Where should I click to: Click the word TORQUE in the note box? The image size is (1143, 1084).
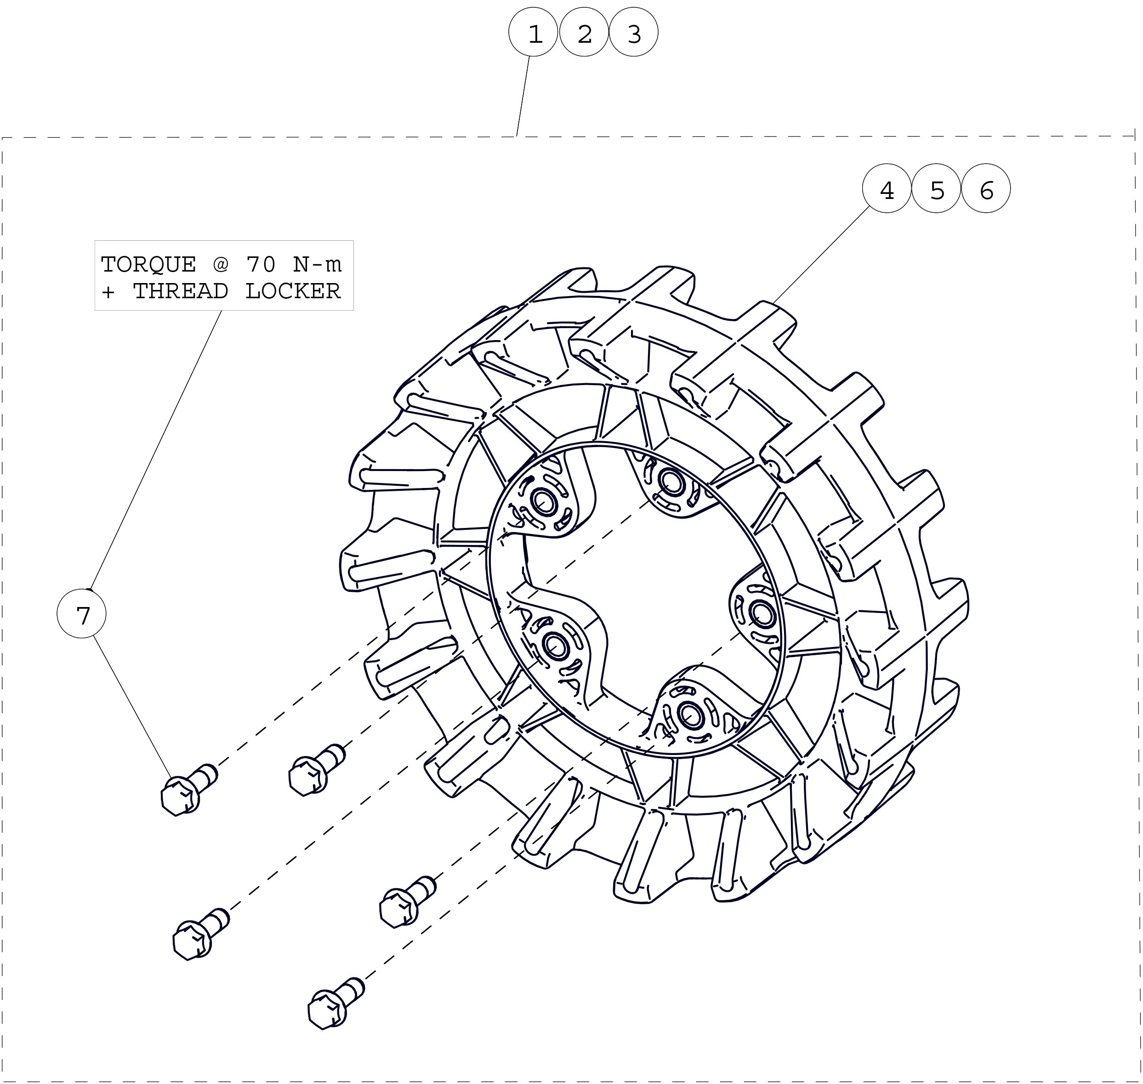[x=148, y=264]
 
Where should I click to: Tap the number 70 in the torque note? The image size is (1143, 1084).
[x=261, y=264]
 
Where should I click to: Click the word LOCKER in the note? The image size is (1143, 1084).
[x=293, y=291]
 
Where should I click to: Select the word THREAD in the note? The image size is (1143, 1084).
[x=180, y=291]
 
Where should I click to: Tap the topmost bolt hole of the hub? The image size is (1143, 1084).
[x=670, y=480]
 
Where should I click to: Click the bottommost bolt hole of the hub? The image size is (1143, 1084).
[x=689, y=715]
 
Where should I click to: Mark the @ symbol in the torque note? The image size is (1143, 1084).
[x=221, y=264]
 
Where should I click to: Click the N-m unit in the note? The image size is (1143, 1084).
[x=317, y=264]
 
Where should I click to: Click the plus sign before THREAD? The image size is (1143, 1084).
[x=108, y=292]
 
